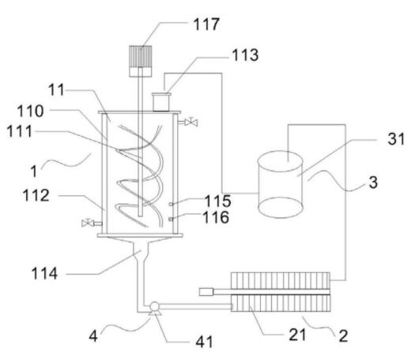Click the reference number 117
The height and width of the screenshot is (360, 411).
click(206, 25)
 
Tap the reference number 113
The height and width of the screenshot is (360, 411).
click(245, 55)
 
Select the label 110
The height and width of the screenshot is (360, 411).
click(31, 111)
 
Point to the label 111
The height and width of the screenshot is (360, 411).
click(19, 131)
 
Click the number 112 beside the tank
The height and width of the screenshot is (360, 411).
click(36, 195)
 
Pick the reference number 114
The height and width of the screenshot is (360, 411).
click(44, 273)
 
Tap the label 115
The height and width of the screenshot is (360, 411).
click(218, 201)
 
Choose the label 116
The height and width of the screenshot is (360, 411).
click(216, 218)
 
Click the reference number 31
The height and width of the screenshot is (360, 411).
click(396, 139)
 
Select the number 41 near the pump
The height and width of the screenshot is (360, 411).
click(204, 342)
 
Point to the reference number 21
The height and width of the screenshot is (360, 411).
click(297, 335)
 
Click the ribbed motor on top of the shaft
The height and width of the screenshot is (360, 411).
click(141, 61)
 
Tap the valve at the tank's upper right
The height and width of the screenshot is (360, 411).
click(191, 122)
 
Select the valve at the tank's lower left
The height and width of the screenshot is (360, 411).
click(88, 223)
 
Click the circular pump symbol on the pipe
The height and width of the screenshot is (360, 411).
click(154, 306)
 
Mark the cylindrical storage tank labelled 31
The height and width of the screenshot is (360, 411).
click(281, 184)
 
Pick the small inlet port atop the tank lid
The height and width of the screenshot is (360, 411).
click(161, 102)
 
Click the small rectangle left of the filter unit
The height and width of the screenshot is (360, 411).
click(206, 292)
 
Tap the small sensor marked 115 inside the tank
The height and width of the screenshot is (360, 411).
click(171, 203)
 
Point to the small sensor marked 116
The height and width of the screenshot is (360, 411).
click(171, 218)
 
